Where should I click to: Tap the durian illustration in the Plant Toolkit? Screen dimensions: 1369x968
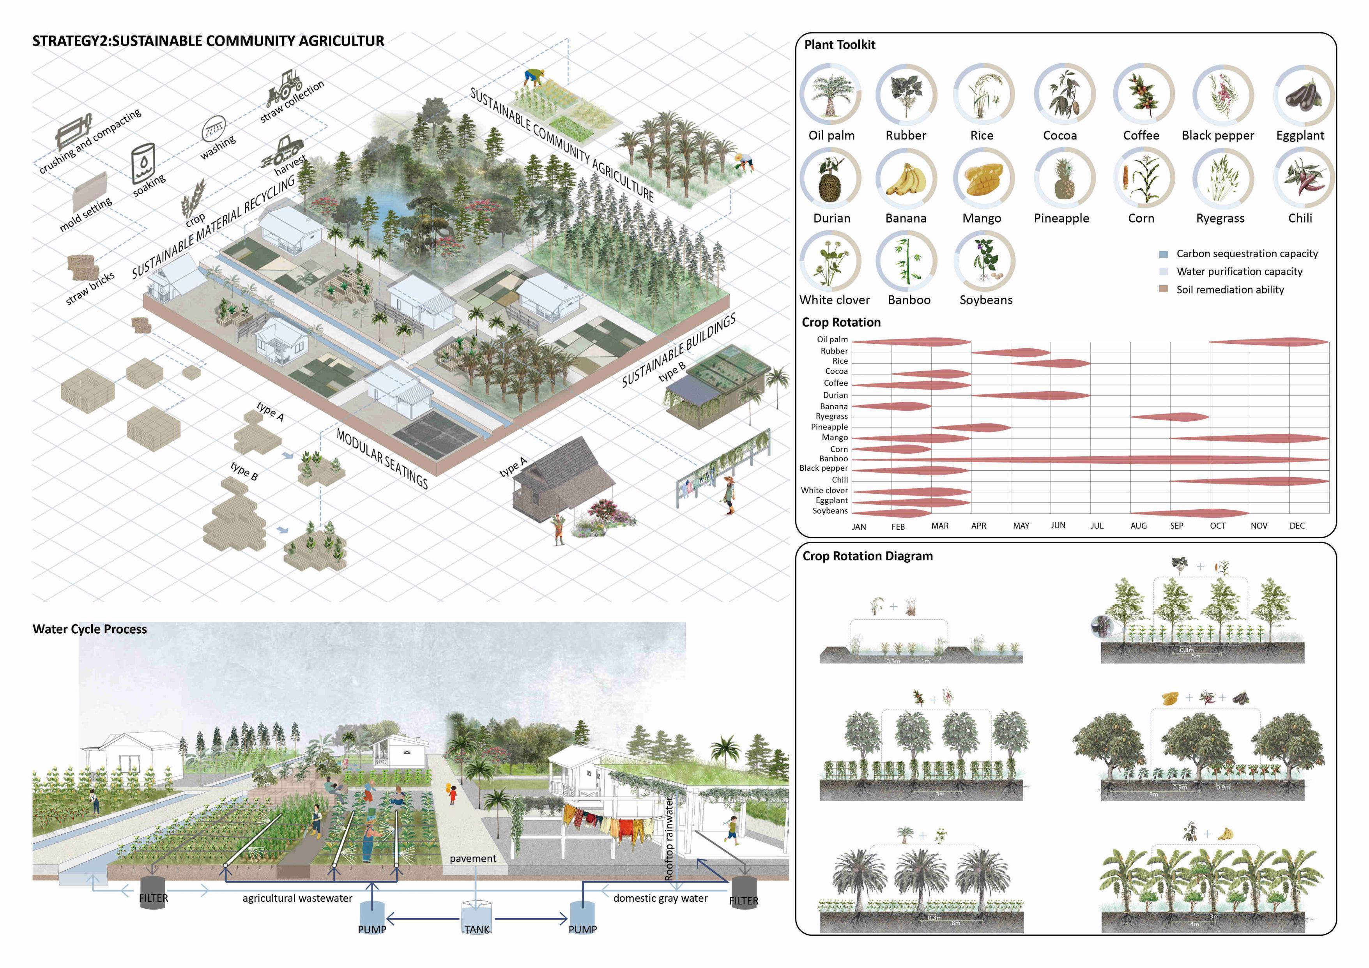830,179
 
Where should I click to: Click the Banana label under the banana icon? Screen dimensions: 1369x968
906,218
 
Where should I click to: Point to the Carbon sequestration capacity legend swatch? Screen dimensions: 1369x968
1163,254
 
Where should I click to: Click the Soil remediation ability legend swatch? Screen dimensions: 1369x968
1163,289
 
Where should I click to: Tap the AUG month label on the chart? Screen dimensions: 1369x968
1138,526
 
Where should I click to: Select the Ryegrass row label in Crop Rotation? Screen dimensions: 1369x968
832,416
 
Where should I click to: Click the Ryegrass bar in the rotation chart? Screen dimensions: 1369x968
1170,417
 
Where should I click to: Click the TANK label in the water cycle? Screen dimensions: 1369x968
477,929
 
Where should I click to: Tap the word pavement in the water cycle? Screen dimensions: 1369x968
473,858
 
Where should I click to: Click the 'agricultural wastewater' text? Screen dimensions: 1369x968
297,898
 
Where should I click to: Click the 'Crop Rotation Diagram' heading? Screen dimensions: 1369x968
868,556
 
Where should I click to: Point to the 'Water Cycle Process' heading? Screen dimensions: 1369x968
89,629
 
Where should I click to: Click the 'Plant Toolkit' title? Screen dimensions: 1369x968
840,45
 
